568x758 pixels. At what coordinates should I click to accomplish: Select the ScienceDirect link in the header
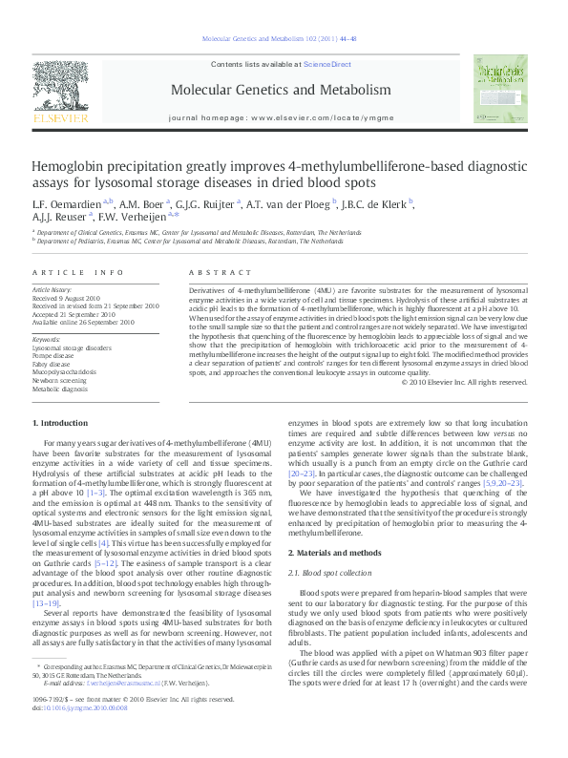coord(327,64)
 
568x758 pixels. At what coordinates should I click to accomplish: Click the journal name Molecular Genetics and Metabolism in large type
coord(281,91)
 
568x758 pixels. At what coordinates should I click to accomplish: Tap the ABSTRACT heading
coord(214,274)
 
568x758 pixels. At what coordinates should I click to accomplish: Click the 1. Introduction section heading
coord(62,423)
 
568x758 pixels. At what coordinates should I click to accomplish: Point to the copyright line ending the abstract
coord(466,382)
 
